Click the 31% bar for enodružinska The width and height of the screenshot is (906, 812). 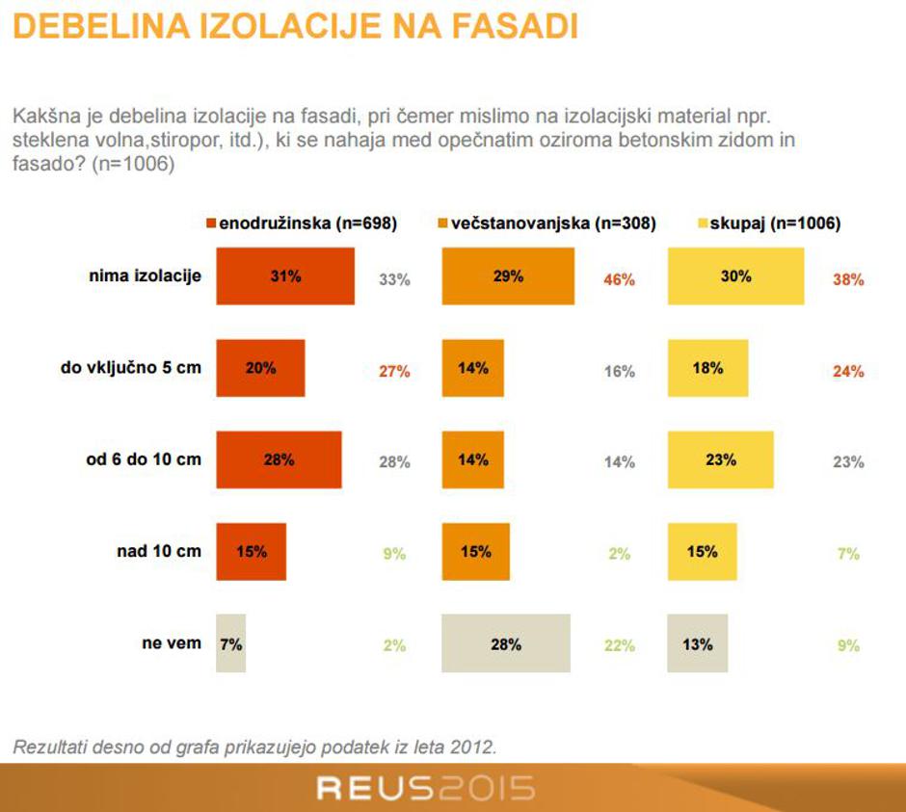285,276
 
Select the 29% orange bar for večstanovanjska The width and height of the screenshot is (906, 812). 508,276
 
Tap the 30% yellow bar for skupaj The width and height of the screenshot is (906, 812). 735,276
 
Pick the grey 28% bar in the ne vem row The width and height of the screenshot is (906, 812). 506,643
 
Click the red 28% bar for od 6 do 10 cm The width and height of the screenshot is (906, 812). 279,460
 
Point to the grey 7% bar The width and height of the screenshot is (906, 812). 231,643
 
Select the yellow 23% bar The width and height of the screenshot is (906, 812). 720,460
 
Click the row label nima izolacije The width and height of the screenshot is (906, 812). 145,275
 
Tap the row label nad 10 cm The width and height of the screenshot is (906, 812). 159,551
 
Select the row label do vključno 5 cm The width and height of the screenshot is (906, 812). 131,367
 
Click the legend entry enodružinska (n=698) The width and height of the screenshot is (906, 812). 301,223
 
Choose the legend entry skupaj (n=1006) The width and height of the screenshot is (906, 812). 769,223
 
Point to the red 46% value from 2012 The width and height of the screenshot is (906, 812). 620,280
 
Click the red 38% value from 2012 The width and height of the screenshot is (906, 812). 848,280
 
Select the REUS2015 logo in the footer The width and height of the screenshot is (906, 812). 425,789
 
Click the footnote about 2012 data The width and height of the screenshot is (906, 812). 254,747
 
